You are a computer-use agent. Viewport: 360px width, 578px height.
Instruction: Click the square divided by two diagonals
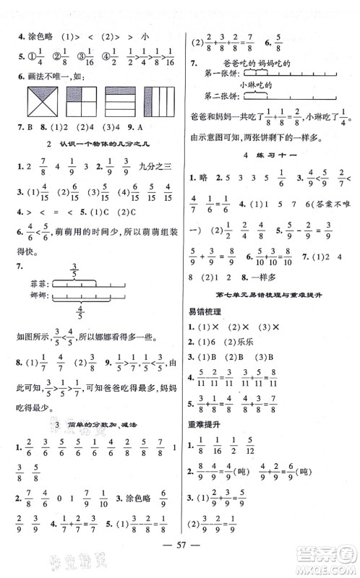[x=25, y=100]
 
